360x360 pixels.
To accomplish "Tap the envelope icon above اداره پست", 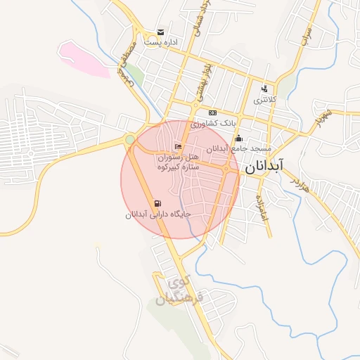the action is tap(161, 32).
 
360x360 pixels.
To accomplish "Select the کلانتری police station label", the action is tap(265, 101).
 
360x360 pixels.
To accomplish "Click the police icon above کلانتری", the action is tap(264, 89).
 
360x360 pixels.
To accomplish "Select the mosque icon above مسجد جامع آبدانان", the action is tap(239, 138).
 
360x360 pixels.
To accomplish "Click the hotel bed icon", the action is tap(178, 146).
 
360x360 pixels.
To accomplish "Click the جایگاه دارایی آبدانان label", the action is tap(158, 215).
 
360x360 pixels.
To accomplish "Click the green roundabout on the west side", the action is tap(130, 140).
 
